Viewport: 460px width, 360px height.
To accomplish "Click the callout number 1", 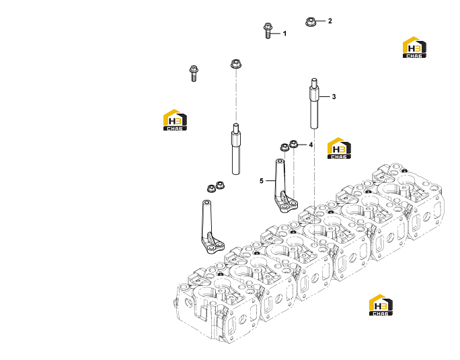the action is pos(284,34).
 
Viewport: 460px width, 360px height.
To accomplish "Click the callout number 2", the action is pos(330,21).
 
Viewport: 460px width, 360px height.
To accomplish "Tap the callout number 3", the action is pos(334,97).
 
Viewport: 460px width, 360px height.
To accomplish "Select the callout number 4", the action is pos(311,145).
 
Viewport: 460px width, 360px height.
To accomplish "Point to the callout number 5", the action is pos(262,181).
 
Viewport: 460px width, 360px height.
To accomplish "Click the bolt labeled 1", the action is pos(268,31).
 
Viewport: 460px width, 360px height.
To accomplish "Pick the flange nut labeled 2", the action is pos(311,22).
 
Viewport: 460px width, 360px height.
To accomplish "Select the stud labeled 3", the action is pos(314,104).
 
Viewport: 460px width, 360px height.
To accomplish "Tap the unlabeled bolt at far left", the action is pos(193,73).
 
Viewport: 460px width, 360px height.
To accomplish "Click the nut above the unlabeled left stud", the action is pos(235,64).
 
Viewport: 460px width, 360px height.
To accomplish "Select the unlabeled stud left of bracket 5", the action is pos(236,149).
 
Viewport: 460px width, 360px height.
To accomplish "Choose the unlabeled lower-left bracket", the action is pos(210,229).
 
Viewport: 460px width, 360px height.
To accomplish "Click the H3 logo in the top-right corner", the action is pos(414,47).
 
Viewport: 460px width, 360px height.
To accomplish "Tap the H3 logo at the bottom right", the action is pos(381,305).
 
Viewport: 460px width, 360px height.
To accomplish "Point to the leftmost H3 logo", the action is pos(175,120).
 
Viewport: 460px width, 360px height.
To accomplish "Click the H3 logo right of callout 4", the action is pos(339,148).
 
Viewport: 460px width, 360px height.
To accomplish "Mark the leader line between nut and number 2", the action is pos(320,21).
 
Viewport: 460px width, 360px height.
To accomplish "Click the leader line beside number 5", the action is pos(270,181).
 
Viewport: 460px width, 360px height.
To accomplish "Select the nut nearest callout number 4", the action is pos(293,144).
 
